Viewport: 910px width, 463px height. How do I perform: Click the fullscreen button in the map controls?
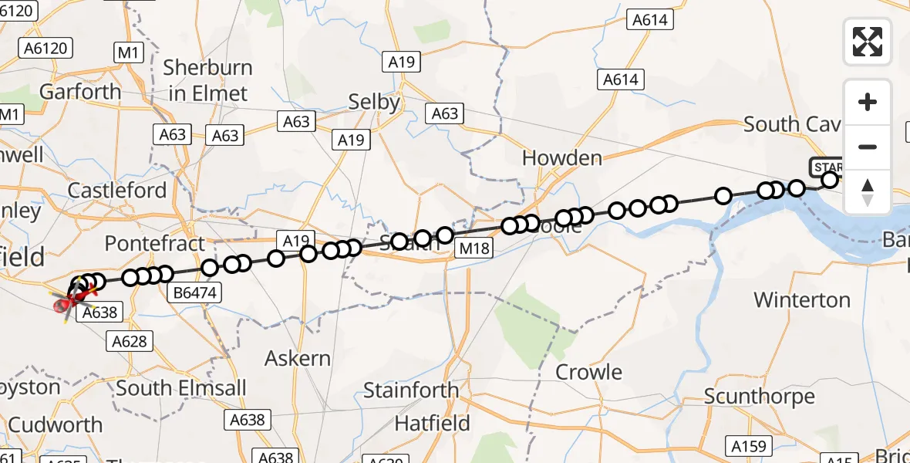click(x=868, y=42)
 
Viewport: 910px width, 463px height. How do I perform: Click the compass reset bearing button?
click(x=868, y=192)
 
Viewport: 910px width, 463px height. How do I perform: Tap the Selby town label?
click(x=374, y=102)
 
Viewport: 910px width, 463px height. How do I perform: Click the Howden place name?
click(x=561, y=158)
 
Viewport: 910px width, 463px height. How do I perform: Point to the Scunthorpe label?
click(x=759, y=397)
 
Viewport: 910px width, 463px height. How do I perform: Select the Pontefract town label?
click(x=155, y=244)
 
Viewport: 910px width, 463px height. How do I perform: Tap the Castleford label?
click(x=117, y=191)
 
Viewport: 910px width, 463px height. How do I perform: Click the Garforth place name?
click(x=80, y=92)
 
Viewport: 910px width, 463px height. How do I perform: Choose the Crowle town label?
click(x=589, y=372)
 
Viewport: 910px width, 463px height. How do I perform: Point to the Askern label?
click(x=298, y=359)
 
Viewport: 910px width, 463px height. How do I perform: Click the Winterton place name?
click(x=802, y=299)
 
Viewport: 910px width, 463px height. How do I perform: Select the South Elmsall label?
click(x=180, y=387)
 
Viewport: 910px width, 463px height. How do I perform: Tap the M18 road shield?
click(x=474, y=248)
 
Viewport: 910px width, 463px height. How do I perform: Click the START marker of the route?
click(x=827, y=167)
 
